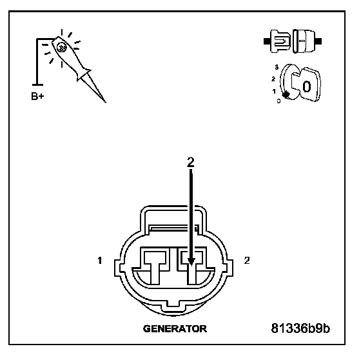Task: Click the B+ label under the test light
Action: coord(37,96)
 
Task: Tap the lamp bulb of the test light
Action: coord(62,48)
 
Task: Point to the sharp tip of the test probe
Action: coord(105,102)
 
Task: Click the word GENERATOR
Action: coord(175,328)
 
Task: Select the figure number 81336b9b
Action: coord(300,328)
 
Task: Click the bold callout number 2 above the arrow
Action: coord(191,162)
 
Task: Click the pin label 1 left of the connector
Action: coord(100,261)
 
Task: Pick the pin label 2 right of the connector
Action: coord(247,261)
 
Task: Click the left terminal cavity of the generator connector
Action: coord(155,265)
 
